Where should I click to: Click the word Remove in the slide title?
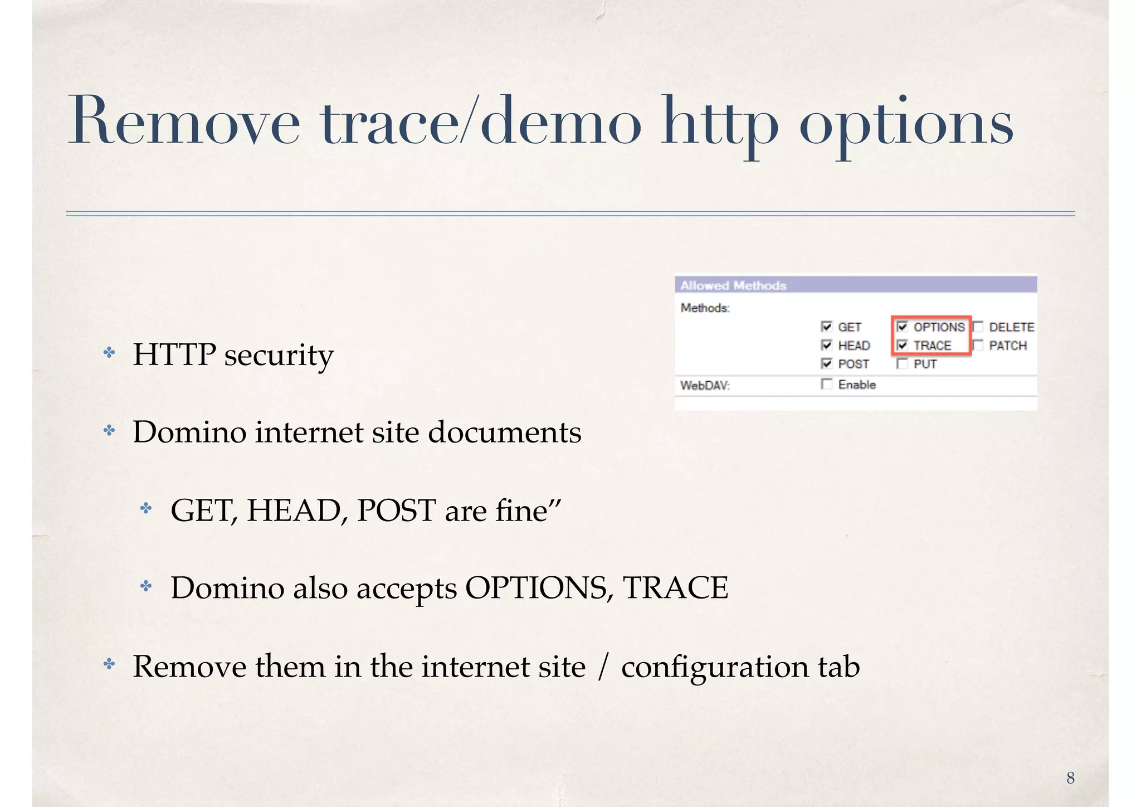pos(184,121)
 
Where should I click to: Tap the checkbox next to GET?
pos(826,327)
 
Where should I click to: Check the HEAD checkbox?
pos(826,345)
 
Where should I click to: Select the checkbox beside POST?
pos(826,363)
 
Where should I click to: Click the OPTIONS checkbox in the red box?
pos(902,327)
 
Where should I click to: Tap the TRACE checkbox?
pos(902,345)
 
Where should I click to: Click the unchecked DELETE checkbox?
pos(978,327)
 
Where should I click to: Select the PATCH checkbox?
pos(978,345)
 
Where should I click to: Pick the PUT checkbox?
pos(902,363)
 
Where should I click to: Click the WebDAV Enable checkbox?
pos(826,384)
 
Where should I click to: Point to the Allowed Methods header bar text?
pos(733,285)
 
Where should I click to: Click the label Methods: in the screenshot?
pos(705,308)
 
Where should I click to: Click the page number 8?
pos(1070,778)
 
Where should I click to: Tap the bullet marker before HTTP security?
pos(109,353)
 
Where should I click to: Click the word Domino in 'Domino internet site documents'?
pos(189,432)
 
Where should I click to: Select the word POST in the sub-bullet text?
pos(396,510)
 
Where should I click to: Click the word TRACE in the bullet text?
pos(675,587)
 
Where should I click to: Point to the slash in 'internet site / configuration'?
pos(602,667)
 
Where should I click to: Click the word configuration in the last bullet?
pos(714,667)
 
